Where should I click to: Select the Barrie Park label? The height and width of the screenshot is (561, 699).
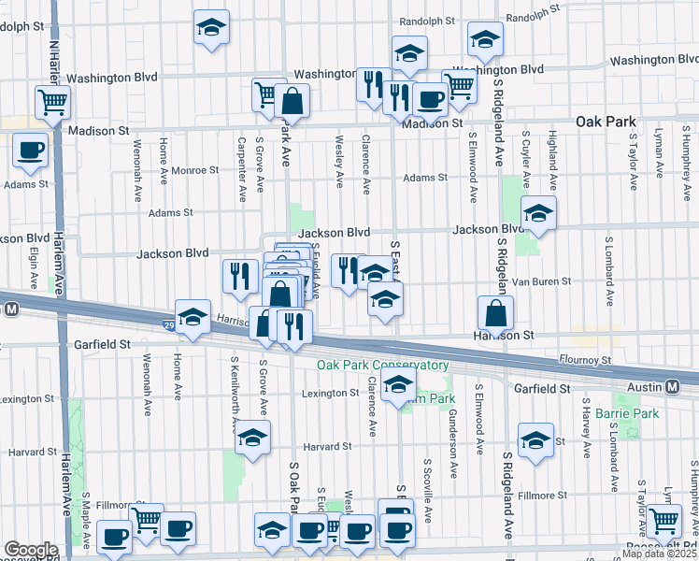[x=631, y=413]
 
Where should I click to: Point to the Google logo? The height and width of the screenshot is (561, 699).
[x=30, y=550]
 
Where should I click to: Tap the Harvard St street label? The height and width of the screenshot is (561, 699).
[x=326, y=446]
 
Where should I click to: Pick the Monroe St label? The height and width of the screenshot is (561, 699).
[x=194, y=170]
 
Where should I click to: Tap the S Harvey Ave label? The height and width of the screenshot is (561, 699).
[x=586, y=427]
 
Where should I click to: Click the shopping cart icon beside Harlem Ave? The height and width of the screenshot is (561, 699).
[x=52, y=102]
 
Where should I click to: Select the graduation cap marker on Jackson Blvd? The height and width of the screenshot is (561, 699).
[x=538, y=214]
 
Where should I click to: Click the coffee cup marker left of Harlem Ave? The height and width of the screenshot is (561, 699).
[x=30, y=150]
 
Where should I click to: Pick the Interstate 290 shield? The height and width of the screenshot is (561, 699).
[x=167, y=324]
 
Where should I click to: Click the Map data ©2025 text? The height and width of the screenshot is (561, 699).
[x=659, y=554]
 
